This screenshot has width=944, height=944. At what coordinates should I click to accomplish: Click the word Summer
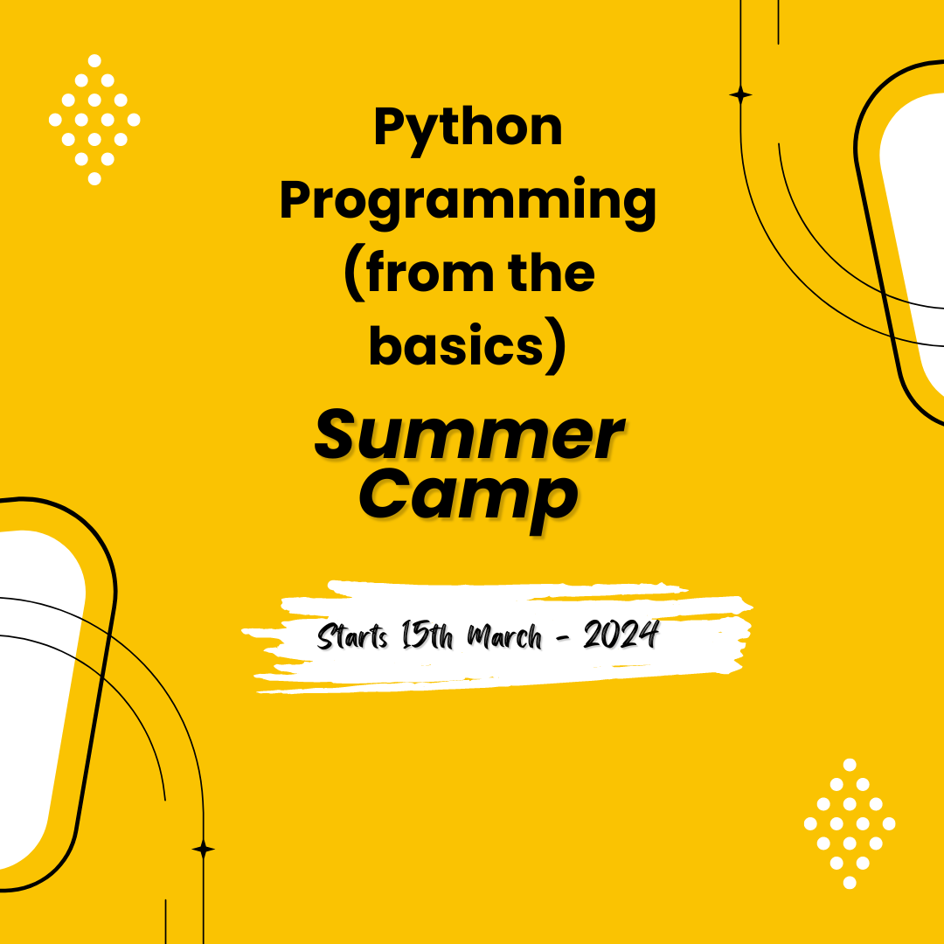click(469, 434)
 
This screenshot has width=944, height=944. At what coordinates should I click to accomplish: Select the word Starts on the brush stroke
click(353, 636)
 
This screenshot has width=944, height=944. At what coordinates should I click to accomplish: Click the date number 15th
click(427, 635)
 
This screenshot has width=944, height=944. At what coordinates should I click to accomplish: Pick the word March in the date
click(504, 636)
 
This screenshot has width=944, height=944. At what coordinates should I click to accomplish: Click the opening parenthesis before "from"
click(355, 274)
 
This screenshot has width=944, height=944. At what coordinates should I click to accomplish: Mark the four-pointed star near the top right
click(740, 95)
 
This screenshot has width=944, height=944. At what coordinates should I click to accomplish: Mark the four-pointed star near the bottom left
click(204, 849)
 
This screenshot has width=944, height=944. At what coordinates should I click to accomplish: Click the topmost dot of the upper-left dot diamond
click(94, 61)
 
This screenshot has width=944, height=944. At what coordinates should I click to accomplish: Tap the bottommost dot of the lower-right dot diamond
click(850, 883)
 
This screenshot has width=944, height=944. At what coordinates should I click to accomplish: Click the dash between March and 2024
click(562, 637)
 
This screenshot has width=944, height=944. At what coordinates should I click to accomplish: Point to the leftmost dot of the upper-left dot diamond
click(55, 120)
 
